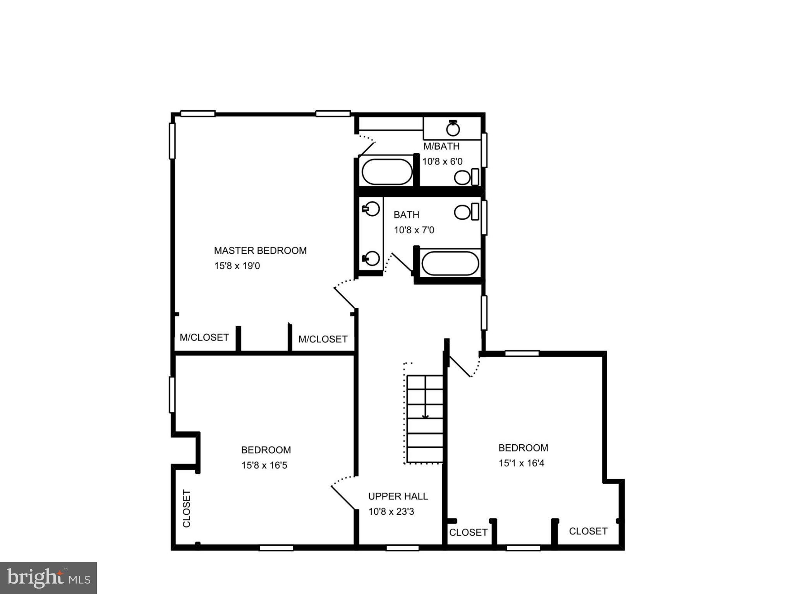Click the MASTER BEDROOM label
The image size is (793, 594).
pos(260,251)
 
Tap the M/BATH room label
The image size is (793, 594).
pos(441,146)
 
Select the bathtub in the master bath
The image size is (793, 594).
pos(387,172)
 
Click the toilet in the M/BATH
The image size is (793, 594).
pos(466,178)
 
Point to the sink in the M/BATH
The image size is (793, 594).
pos(453,129)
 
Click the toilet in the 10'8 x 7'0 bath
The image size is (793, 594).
pos(466,212)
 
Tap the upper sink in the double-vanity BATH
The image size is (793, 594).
pos(372,209)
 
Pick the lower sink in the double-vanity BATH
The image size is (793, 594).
pos(372,258)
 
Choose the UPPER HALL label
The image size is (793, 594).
pos(398,496)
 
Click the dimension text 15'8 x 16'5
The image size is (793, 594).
pos(264,465)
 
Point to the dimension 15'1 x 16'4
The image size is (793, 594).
pos(522,463)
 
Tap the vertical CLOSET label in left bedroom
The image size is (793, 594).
pos(187,509)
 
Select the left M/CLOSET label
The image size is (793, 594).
pos(204,338)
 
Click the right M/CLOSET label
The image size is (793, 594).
pos(323,339)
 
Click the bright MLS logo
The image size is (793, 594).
pos(48,578)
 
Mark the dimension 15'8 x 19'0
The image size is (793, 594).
pos(237,266)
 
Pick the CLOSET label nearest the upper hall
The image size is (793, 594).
pos(468,533)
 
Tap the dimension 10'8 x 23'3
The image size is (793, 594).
pos(391,512)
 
